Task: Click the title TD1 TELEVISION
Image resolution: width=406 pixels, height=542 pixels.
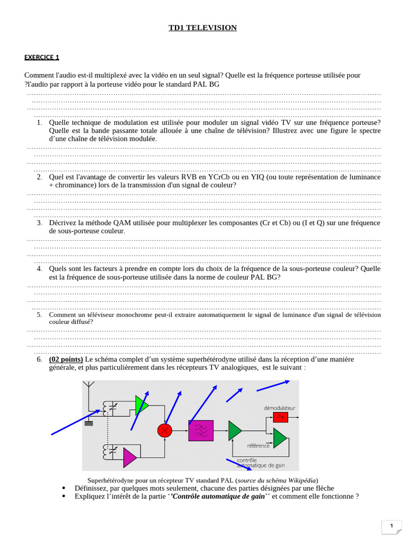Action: [x=202, y=28]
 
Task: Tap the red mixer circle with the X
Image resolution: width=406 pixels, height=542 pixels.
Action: [x=165, y=430]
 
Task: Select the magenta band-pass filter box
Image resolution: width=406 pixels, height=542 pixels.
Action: [x=201, y=430]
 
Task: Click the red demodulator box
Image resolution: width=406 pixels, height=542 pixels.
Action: [x=281, y=417]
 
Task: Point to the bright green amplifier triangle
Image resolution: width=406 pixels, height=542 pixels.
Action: [x=141, y=405]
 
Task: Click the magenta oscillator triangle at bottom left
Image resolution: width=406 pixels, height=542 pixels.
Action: [x=130, y=457]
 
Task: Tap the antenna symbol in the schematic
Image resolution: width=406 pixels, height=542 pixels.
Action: [x=89, y=388]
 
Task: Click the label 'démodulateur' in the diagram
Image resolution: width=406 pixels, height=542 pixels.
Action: [x=280, y=408]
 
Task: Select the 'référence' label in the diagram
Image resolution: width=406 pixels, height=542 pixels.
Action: [x=258, y=446]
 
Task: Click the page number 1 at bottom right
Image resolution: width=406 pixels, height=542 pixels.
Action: [x=391, y=526]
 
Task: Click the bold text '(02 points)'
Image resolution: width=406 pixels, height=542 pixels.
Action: [x=66, y=359]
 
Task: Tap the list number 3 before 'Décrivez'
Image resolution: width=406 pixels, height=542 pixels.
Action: [x=39, y=223]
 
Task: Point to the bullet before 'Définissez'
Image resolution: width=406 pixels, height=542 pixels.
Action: [x=64, y=488]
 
